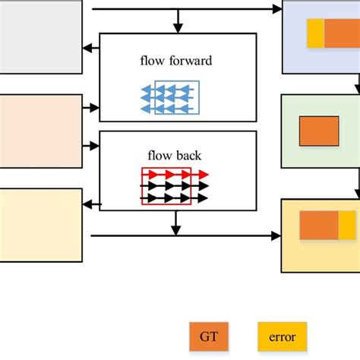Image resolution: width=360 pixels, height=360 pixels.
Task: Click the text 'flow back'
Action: [175, 157]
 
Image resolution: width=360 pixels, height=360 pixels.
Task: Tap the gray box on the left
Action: [38, 37]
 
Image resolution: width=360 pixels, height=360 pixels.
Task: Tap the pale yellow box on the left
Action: [39, 225]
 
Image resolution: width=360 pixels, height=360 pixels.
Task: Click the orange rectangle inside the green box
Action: [319, 131]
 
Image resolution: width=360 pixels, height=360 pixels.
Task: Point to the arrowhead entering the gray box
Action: [87, 48]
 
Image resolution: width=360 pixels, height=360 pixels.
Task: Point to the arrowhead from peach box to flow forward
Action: [95, 108]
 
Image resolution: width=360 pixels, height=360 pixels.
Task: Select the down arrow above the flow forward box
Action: [177, 28]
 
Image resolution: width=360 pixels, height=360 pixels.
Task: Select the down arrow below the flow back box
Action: [176, 229]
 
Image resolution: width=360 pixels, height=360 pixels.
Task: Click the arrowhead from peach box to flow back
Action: [95, 144]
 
